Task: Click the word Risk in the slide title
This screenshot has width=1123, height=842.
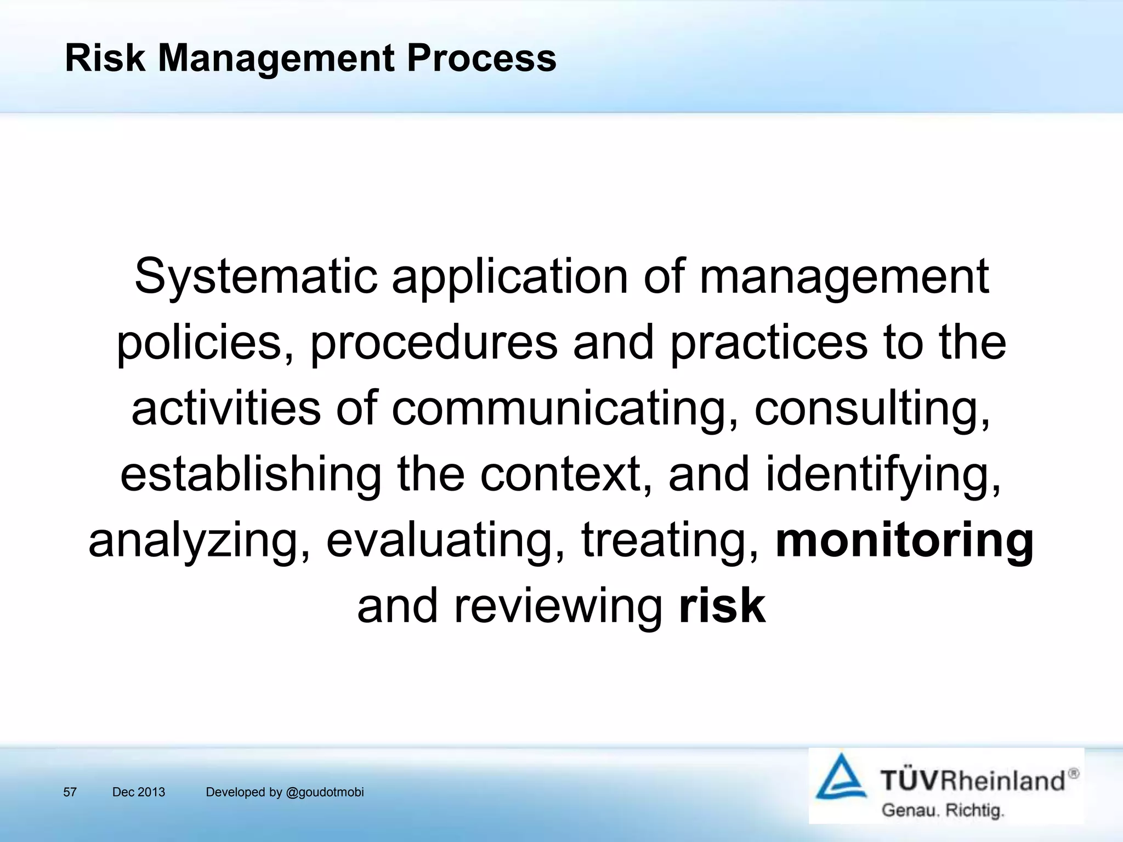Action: [105, 58]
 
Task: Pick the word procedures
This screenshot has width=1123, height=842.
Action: [434, 343]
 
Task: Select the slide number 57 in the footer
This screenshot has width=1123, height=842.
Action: [70, 792]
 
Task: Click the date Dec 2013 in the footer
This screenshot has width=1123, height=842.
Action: [138, 792]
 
